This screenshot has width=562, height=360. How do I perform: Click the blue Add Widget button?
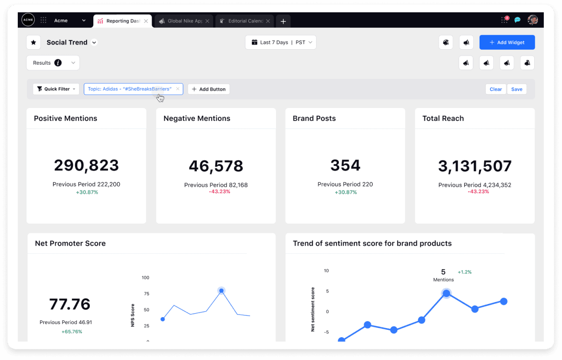(x=507, y=42)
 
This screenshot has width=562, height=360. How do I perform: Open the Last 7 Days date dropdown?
(x=281, y=42)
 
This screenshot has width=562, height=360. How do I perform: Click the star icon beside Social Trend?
(x=33, y=42)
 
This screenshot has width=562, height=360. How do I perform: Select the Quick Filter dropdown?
(x=56, y=89)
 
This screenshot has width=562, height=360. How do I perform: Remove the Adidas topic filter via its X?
(x=178, y=89)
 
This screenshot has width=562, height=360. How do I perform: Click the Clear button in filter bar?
(x=496, y=89)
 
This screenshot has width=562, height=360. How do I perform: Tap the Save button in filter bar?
(x=516, y=89)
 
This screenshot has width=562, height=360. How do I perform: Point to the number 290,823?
(x=86, y=165)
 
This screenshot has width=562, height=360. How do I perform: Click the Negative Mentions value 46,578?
(x=216, y=166)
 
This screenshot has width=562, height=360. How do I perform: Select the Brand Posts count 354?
(x=345, y=165)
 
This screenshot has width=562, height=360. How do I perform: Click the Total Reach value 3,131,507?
(x=475, y=166)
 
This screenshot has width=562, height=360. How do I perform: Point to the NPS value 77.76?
(x=70, y=304)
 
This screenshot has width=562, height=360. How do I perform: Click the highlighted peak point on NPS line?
(x=221, y=291)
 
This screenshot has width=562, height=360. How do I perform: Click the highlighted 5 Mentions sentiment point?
(x=446, y=293)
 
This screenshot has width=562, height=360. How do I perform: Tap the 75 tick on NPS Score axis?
(x=146, y=294)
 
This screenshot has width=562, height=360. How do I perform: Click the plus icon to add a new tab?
(x=283, y=21)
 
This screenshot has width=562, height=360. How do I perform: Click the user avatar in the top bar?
(x=532, y=20)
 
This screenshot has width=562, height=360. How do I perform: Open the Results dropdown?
(x=53, y=63)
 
